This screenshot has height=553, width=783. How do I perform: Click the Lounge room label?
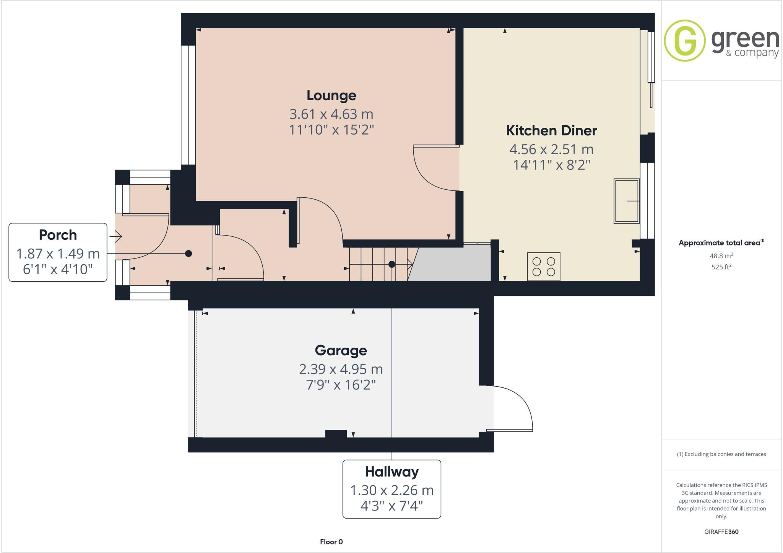[x=331, y=95]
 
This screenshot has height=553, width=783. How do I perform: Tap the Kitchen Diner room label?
[x=551, y=130]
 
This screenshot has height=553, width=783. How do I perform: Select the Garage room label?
[x=341, y=350]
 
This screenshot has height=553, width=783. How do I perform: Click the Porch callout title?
[x=58, y=235]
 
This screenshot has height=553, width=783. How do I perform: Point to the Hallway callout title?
[x=391, y=472]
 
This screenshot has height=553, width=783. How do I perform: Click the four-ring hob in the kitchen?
[x=543, y=267]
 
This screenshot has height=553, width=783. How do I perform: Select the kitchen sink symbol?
[x=626, y=201]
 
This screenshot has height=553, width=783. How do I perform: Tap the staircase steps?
[x=379, y=264]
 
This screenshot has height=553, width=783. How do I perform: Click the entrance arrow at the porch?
[x=115, y=237]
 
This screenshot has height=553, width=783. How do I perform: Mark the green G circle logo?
[x=684, y=40]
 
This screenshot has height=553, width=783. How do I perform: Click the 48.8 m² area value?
[x=721, y=256]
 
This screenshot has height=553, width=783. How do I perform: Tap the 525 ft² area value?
[x=721, y=267]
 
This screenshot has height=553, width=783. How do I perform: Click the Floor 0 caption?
[x=331, y=542]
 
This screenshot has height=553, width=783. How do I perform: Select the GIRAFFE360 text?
[x=721, y=532]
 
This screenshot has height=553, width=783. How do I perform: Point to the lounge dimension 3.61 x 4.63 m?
[x=331, y=114]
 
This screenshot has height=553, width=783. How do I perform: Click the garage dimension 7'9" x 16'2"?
[x=341, y=385]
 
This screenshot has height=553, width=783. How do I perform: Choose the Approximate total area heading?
[x=721, y=242]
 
